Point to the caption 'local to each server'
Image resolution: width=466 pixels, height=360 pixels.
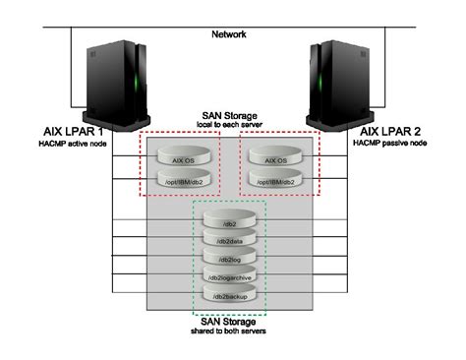click(229, 124)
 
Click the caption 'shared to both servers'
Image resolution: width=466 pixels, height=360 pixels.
click(229, 330)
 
